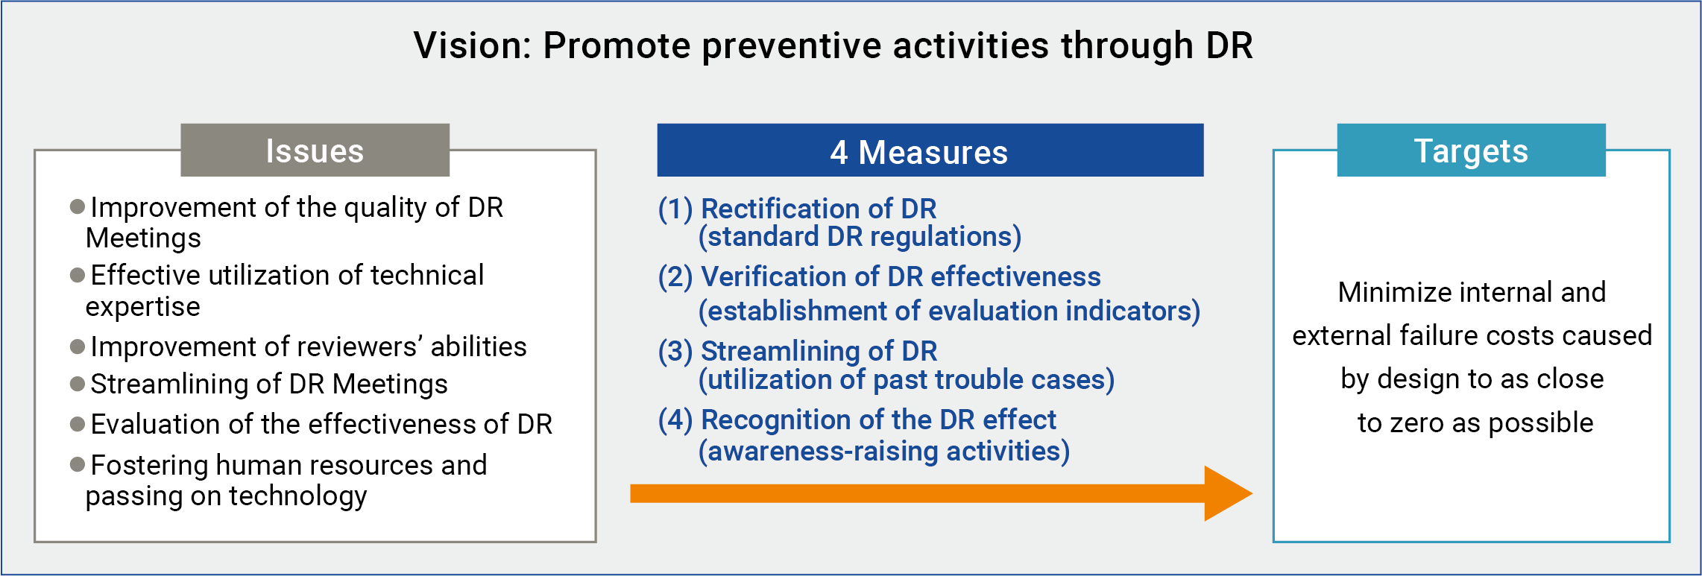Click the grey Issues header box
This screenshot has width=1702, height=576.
[315, 151]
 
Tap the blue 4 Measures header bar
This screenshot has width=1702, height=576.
[930, 151]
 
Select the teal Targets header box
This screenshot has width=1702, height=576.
[1470, 151]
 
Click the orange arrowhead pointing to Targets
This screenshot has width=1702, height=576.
[1226, 493]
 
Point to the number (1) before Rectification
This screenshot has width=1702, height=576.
[675, 209]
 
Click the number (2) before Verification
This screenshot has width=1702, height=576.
[675, 277]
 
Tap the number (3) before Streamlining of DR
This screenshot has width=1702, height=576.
[675, 351]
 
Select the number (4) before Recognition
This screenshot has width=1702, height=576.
[675, 420]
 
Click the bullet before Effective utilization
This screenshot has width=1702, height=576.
[77, 276]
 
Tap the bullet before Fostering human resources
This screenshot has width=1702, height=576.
[77, 465]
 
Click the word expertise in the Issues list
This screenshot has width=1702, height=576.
[142, 307]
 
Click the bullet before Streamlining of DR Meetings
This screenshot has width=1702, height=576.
[77, 384]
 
